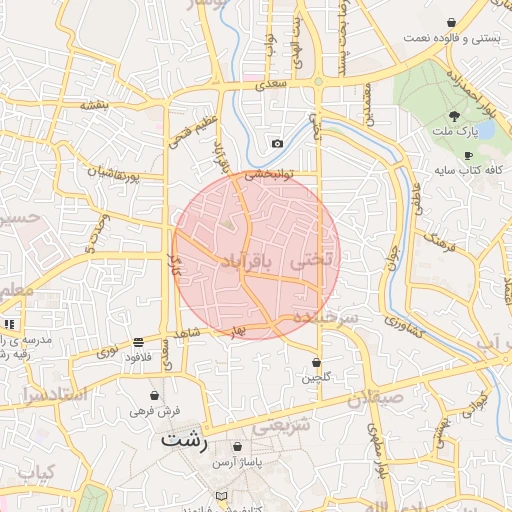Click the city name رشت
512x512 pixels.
(x=184, y=440)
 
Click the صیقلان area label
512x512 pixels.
(x=376, y=398)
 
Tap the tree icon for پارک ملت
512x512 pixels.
(x=455, y=116)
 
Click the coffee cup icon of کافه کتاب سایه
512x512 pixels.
(x=468, y=155)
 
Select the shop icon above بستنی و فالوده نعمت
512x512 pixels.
(x=451, y=22)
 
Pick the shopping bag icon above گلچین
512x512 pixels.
(x=317, y=362)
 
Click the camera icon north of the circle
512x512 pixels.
(x=277, y=144)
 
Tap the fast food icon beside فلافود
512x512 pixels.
(x=137, y=342)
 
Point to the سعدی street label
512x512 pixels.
(x=271, y=85)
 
